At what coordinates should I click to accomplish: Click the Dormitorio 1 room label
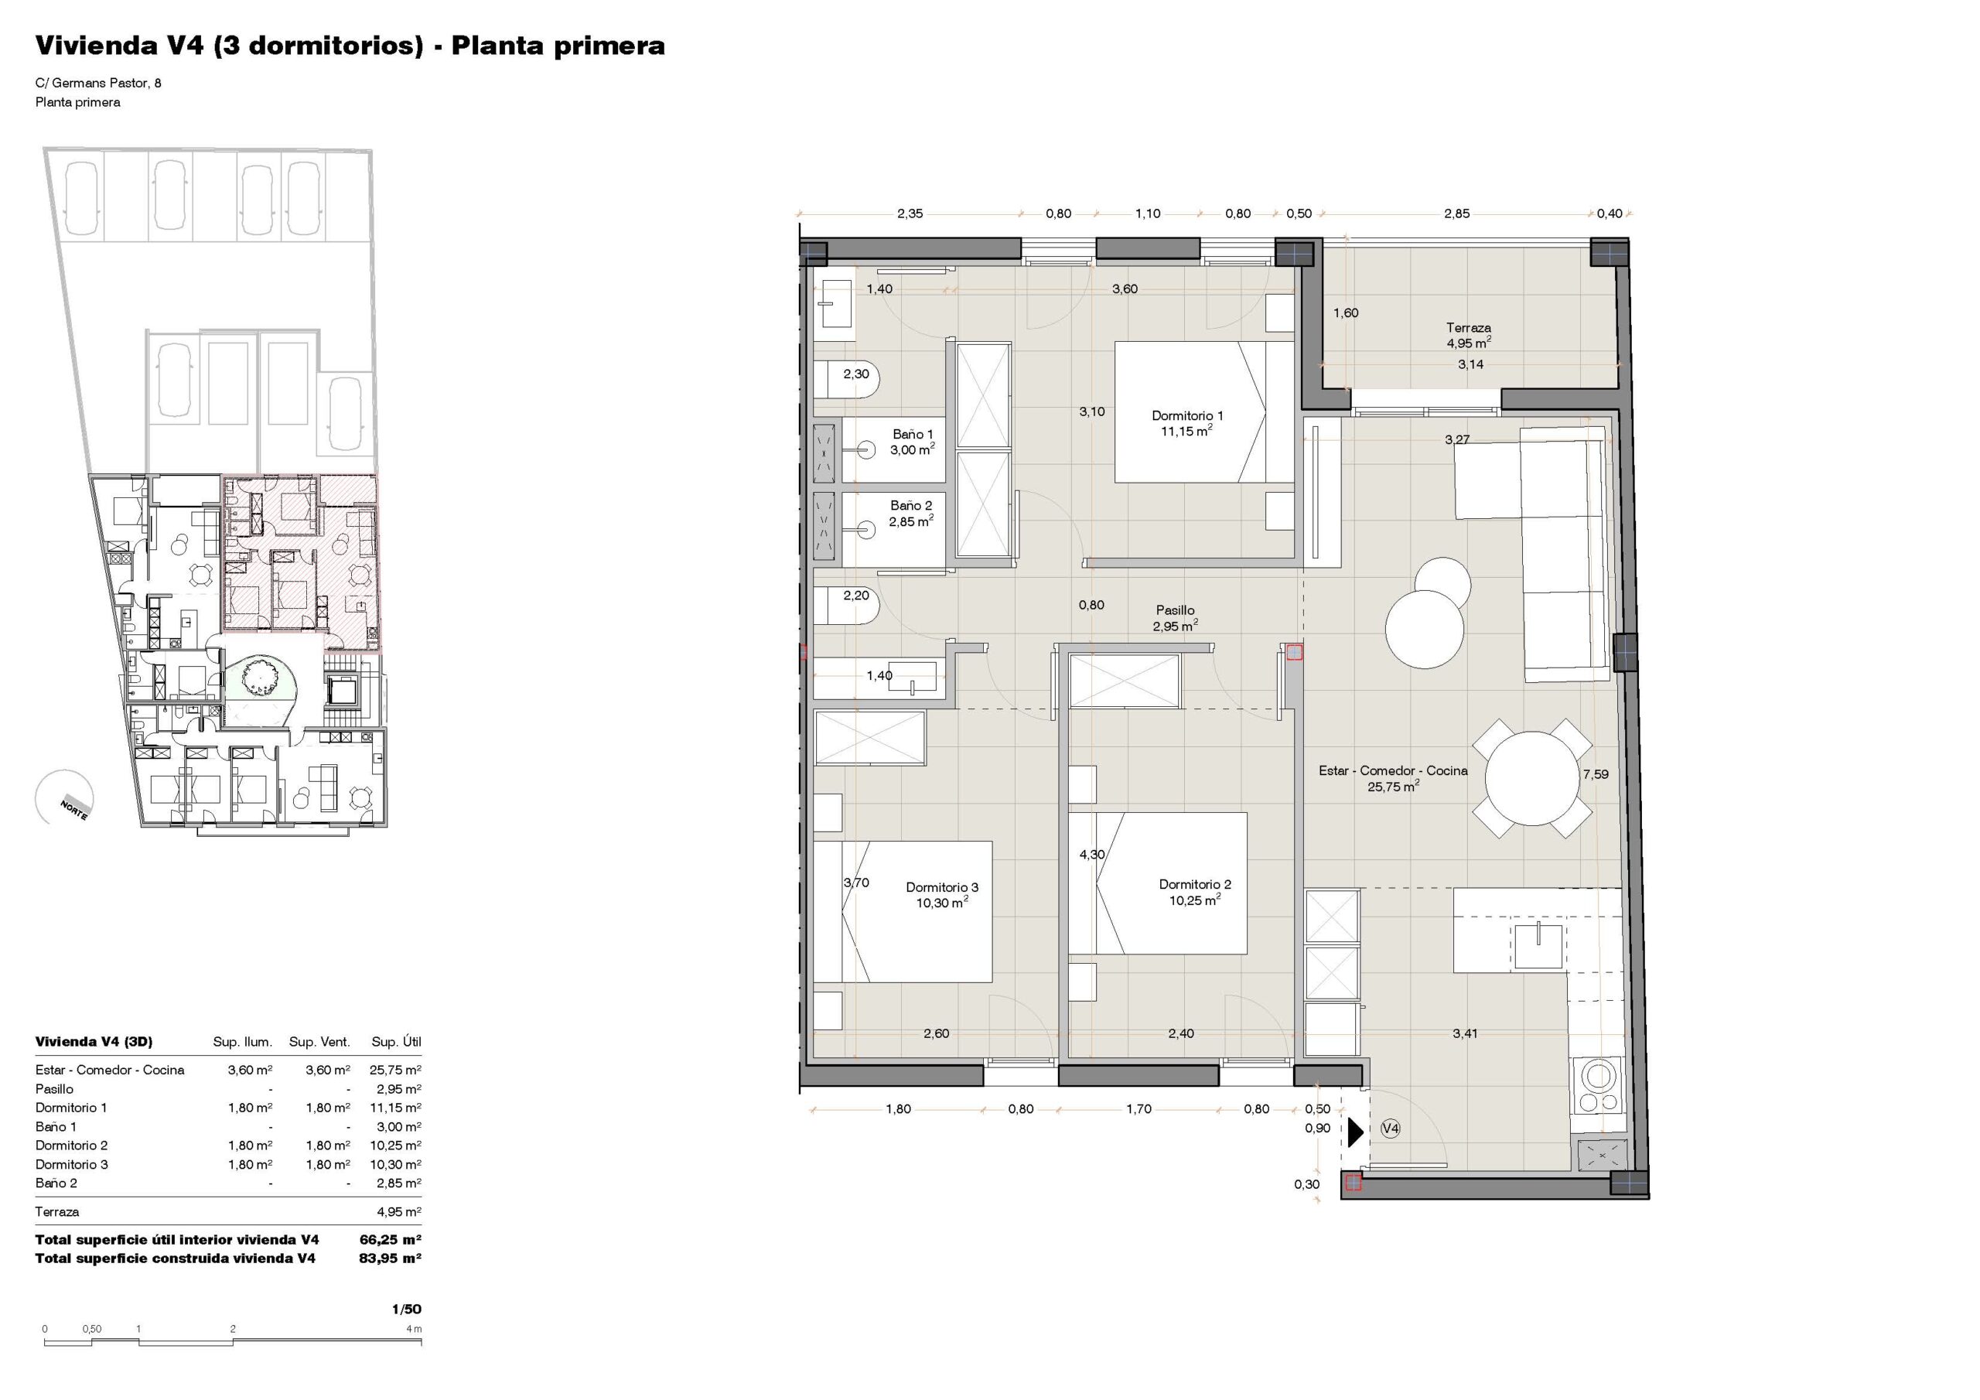[x=1186, y=416]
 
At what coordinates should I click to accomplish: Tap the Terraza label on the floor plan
[x=1469, y=328]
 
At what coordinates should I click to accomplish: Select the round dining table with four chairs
[x=1531, y=778]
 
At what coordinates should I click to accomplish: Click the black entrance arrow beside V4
[x=1356, y=1132]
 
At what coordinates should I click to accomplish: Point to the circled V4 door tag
[x=1390, y=1129]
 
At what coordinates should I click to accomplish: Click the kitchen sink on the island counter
[x=1538, y=944]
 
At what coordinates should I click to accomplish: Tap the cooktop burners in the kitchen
[x=1597, y=1086]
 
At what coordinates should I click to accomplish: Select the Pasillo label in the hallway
[x=1176, y=610]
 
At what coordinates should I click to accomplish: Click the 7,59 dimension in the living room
[x=1596, y=773]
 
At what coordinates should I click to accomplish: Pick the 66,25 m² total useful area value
[x=390, y=1240]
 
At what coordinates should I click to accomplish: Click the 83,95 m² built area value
[x=390, y=1258]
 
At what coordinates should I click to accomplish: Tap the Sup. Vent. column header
[x=319, y=1042]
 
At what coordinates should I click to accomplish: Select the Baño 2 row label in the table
[x=56, y=1183]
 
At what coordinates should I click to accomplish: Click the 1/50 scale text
[x=406, y=1309]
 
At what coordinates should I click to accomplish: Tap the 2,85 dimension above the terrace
[x=1456, y=214]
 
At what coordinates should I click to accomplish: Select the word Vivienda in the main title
[x=95, y=46]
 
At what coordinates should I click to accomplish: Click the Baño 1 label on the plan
[x=913, y=435]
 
